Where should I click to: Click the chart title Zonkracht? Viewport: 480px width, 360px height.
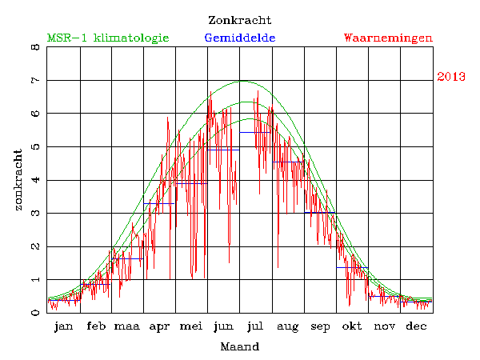coord(239,20)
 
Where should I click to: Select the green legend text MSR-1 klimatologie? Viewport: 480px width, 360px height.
coord(108,38)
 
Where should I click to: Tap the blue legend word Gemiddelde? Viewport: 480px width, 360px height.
coord(240,38)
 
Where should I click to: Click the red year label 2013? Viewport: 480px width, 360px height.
coord(451,77)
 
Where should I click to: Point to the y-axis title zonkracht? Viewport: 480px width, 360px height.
coord(18,180)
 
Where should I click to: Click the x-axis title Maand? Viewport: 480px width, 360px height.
coord(239,346)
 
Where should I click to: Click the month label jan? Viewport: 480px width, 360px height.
coord(64,326)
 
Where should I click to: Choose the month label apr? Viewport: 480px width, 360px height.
coord(159,326)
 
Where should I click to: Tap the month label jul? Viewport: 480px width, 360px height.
coord(255,326)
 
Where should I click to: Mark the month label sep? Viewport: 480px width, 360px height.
coord(320,326)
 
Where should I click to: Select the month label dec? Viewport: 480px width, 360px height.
coord(415,326)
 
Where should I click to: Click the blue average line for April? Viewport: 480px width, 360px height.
coord(159,204)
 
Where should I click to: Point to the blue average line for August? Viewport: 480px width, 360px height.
coord(288,162)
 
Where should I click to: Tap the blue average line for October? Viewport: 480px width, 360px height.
coord(352,267)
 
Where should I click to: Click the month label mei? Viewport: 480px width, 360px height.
coord(191,326)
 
